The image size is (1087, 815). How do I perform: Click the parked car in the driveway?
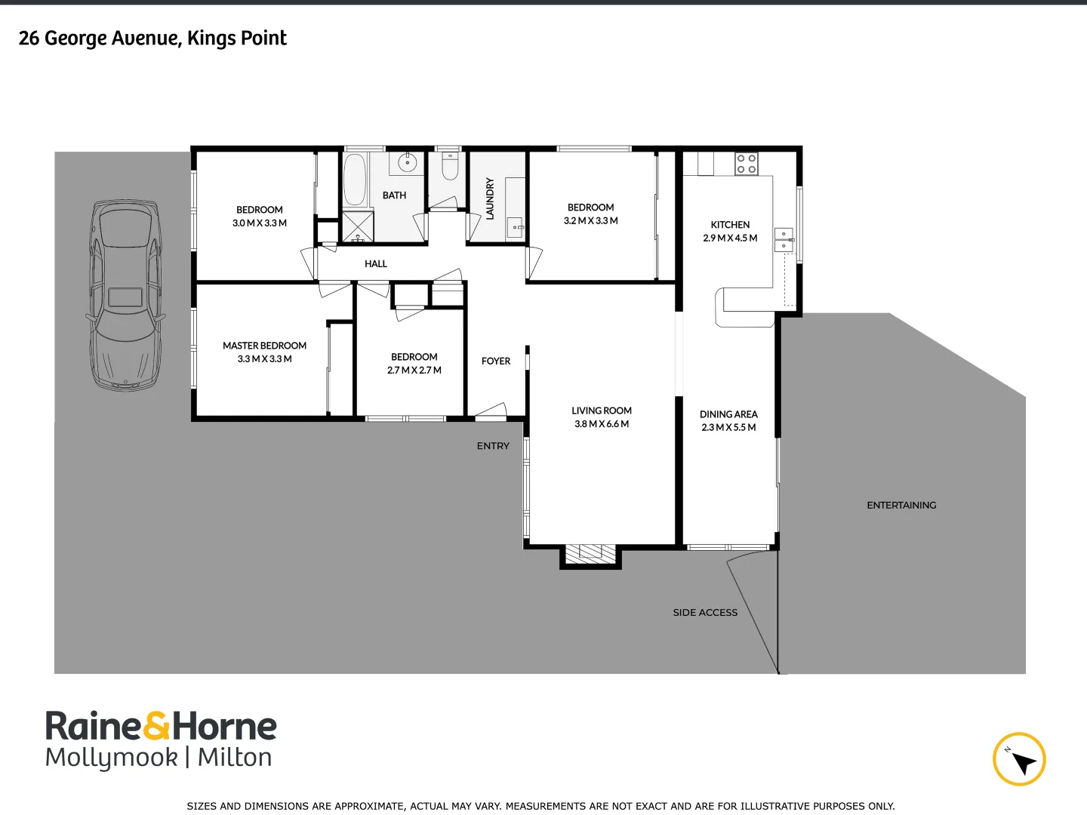[125, 295]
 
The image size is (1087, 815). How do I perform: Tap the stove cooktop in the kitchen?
[746, 164]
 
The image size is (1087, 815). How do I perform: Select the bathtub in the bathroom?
[355, 180]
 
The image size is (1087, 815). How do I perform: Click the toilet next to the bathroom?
[450, 168]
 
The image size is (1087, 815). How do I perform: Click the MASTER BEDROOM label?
[264, 346]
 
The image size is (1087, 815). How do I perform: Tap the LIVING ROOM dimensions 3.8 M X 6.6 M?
[602, 424]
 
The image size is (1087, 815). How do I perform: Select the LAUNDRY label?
[490, 198]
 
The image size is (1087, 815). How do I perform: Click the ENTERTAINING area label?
[901, 505]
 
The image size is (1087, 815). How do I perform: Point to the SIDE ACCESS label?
[705, 613]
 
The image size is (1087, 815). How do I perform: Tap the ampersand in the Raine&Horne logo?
[156, 726]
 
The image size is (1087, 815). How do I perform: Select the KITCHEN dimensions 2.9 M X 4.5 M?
[730, 238]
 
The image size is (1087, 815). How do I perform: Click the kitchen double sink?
[784, 240]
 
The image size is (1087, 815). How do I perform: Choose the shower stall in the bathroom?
[358, 226]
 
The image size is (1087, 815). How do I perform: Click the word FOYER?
[496, 361]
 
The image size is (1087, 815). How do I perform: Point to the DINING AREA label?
[728, 414]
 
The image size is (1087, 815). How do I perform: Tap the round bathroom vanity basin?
[407, 162]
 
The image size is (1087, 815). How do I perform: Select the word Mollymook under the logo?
[112, 758]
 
